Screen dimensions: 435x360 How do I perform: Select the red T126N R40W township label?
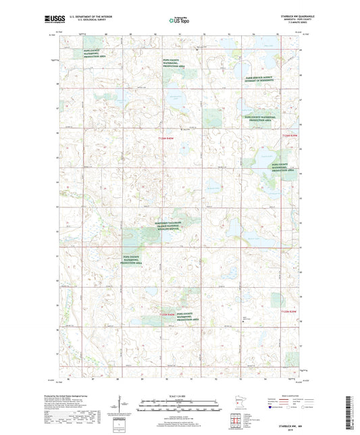[157, 140]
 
